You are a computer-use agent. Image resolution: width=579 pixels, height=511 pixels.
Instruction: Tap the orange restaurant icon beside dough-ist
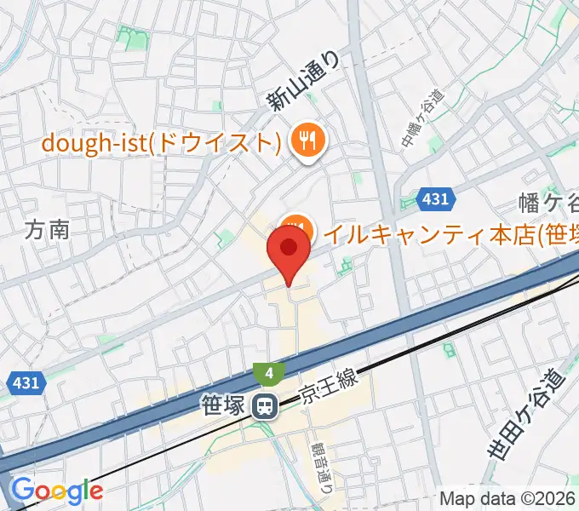coord(305,141)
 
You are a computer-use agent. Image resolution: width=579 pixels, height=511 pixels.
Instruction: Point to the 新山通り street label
coord(303,82)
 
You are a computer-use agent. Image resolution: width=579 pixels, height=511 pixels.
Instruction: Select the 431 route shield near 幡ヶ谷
coord(435,199)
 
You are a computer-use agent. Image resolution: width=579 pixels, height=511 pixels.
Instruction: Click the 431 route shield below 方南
coord(26,383)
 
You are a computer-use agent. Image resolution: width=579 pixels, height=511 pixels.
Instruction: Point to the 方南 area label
coord(47,230)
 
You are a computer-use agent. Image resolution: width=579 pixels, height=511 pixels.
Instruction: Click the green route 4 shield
coord(267,373)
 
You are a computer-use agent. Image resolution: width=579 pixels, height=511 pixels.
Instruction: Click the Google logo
coord(57,491)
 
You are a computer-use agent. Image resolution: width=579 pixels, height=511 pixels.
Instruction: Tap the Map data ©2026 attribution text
coord(507,499)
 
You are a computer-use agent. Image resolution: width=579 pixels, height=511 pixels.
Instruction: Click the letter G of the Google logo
coord(20,490)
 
